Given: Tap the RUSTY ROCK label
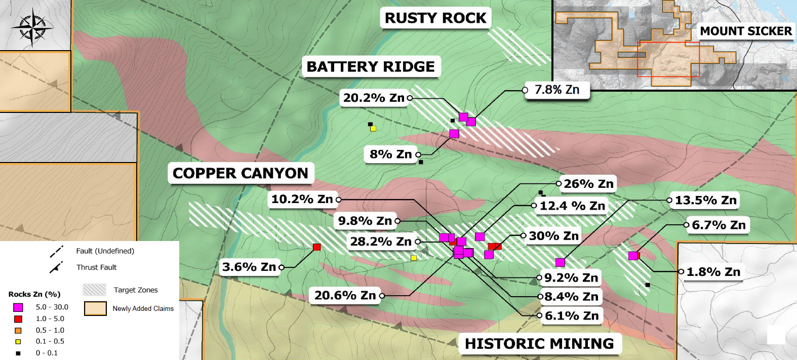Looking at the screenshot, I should (435, 18).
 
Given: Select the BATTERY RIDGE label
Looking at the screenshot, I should (371, 67).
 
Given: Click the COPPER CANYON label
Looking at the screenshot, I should (241, 173).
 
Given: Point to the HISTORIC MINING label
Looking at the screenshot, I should (539, 344).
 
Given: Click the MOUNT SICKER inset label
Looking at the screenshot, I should (745, 31).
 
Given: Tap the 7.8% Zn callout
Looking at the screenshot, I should (557, 90).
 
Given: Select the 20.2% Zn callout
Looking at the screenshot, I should (374, 98).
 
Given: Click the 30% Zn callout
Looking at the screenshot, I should (553, 236).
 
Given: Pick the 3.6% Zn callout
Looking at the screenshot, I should (249, 267).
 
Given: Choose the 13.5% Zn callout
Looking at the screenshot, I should (705, 201).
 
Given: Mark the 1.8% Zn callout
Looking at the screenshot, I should (713, 272).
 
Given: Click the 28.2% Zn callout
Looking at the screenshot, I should (381, 242).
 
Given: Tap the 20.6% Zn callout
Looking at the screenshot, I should (345, 295).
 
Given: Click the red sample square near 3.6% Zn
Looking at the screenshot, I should (317, 247).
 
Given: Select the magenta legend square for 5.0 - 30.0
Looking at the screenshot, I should (18, 307).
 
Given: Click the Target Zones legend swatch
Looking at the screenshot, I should (94, 290).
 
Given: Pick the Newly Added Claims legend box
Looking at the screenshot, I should (95, 308).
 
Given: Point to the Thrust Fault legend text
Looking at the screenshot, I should (96, 267).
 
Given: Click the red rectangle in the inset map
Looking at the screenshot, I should (668, 59).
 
